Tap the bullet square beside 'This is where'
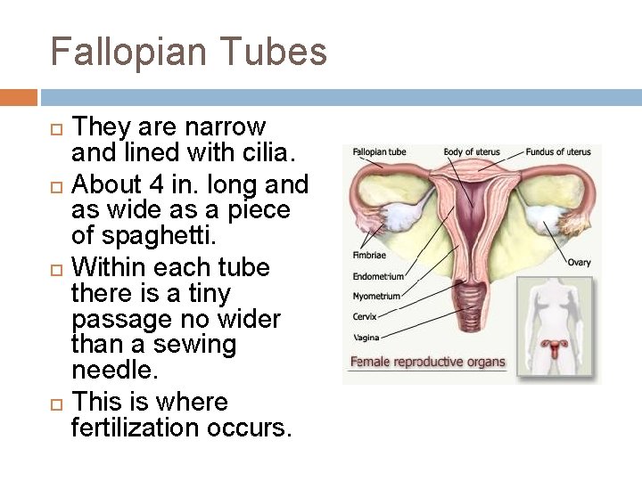[55, 403]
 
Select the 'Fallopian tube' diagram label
[379, 152]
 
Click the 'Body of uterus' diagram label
[472, 152]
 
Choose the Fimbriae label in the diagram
[369, 256]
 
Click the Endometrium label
[378, 276]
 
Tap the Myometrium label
[376, 297]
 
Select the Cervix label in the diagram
[365, 317]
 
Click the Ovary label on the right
[579, 263]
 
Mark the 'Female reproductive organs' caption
[427, 363]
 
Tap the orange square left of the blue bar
[19, 96]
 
